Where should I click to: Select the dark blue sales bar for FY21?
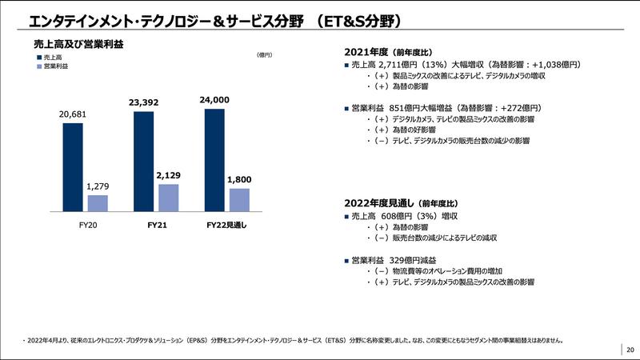144,161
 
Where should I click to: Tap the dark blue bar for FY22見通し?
215,159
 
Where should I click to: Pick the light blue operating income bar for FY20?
98,202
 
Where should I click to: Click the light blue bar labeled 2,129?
169,197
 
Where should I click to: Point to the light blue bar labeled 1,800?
239,199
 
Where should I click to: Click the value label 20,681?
73,114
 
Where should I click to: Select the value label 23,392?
144,102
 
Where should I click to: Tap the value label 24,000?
214,100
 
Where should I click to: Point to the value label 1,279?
98,186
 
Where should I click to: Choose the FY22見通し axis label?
226,225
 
